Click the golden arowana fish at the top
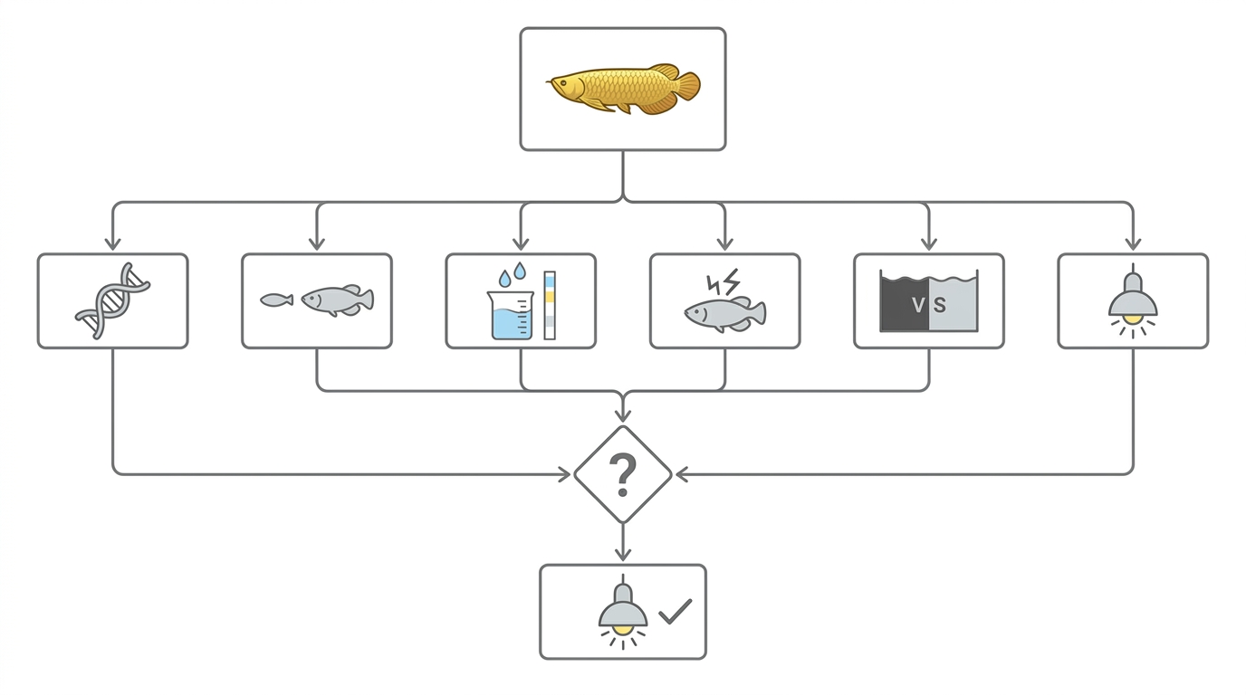(623, 89)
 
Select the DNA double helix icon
(113, 300)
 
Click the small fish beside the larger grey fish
(276, 300)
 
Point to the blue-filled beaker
(511, 315)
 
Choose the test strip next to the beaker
(550, 305)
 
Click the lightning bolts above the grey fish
(724, 282)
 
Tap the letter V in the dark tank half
(918, 305)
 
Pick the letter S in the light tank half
(940, 305)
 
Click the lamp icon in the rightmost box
(1133, 300)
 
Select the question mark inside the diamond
(623, 475)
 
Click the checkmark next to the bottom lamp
(676, 612)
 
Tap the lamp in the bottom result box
(623, 612)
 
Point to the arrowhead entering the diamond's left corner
(565, 474)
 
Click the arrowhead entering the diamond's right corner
(681, 474)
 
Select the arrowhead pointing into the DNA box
(113, 243)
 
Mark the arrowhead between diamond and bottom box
(623, 554)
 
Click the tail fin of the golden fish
(687, 87)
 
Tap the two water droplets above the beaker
(513, 274)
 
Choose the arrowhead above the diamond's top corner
(623, 414)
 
